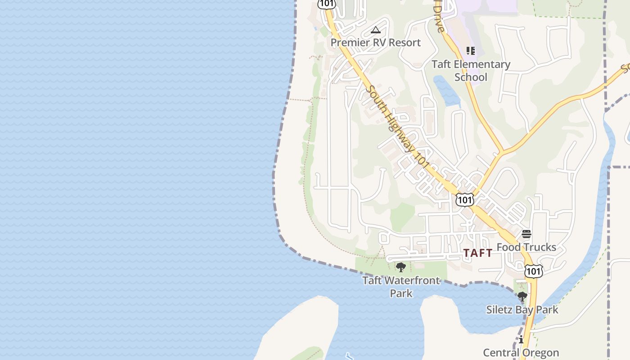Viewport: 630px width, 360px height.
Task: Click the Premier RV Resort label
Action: coord(376,43)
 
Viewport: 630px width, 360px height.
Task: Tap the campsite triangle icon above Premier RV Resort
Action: coord(376,30)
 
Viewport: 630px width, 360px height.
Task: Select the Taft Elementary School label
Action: coord(471,71)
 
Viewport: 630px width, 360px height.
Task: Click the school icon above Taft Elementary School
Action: coord(470,51)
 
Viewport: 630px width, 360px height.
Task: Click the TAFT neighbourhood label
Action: coord(478,253)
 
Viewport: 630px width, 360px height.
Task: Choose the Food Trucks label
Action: coord(526,247)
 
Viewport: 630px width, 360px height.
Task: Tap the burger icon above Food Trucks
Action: coord(526,234)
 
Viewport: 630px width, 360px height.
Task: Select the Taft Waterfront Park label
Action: coord(401,287)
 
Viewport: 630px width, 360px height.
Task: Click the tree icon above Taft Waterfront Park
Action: coord(400,268)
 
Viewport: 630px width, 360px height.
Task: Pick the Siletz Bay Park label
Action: coord(522,310)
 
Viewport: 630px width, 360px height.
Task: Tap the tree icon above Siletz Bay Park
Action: coord(522,297)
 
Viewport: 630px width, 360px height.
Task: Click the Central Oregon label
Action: coord(521,352)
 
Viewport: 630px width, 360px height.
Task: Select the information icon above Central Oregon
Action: coord(521,339)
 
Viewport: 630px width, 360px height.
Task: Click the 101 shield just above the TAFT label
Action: coord(464,199)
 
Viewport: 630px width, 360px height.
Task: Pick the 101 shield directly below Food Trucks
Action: coord(533,271)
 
